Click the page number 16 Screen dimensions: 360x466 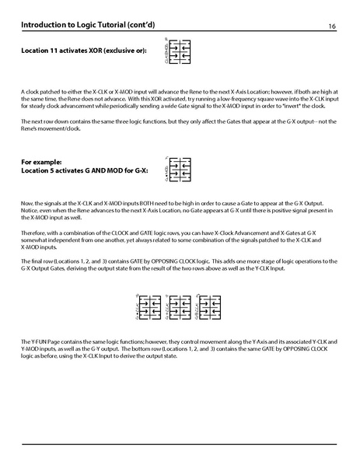pyautogui.click(x=332, y=26)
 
